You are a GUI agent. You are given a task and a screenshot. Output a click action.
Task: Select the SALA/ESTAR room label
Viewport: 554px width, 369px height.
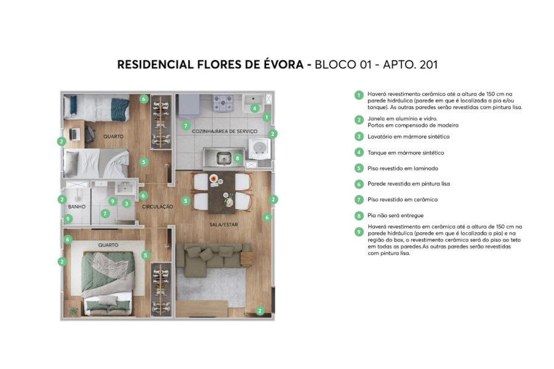tap(223, 224)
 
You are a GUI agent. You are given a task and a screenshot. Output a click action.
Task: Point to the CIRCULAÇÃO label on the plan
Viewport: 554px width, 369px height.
tap(158, 207)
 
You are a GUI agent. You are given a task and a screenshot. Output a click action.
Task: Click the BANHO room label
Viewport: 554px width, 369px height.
tap(76, 207)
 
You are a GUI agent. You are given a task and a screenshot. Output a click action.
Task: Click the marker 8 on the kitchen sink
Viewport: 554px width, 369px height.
tap(238, 158)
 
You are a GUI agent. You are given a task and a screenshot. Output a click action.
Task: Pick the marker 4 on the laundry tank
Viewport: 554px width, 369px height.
tap(255, 108)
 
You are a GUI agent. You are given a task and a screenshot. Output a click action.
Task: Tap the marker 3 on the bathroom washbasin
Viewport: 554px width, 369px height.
tap(126, 204)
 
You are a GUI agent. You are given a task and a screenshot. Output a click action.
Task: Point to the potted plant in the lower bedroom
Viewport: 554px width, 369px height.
tap(74, 311)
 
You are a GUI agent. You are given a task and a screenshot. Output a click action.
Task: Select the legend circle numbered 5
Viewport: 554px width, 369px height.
tap(358, 168)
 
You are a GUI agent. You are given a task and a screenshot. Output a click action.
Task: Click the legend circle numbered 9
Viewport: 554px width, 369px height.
tap(358, 232)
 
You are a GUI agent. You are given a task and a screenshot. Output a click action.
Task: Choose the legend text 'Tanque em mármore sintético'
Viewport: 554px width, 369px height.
tap(406, 153)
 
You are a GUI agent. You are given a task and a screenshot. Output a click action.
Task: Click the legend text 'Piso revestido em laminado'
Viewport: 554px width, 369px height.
tap(403, 168)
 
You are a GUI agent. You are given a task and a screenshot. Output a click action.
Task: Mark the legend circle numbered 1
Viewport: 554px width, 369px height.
tap(358, 95)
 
